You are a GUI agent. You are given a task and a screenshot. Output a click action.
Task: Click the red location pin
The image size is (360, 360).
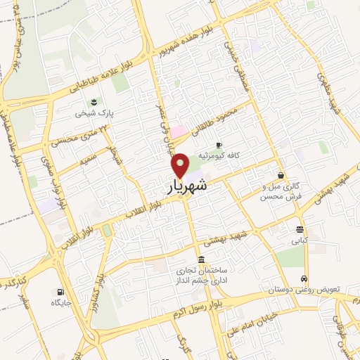pyautogui.click(x=181, y=165)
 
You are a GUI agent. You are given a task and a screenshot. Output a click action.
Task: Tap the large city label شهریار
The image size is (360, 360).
pyautogui.click(x=188, y=186)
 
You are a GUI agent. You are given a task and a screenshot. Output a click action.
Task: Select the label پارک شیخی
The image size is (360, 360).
pyautogui.click(x=96, y=112)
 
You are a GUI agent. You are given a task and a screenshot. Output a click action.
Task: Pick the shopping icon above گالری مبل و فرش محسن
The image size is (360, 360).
pyautogui.click(x=281, y=175)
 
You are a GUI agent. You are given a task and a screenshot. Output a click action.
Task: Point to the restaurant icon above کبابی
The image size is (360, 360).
pyautogui.click(x=300, y=230)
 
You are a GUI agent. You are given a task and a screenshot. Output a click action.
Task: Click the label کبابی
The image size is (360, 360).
pyautogui.click(x=300, y=240)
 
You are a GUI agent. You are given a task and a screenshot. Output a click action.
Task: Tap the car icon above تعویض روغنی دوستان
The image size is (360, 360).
pyautogui.click(x=304, y=278)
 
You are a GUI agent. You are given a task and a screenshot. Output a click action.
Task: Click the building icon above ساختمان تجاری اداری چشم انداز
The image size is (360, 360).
pyautogui.click(x=201, y=258)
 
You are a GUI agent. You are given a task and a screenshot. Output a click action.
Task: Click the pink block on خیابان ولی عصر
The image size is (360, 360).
pyautogui.click(x=179, y=131)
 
